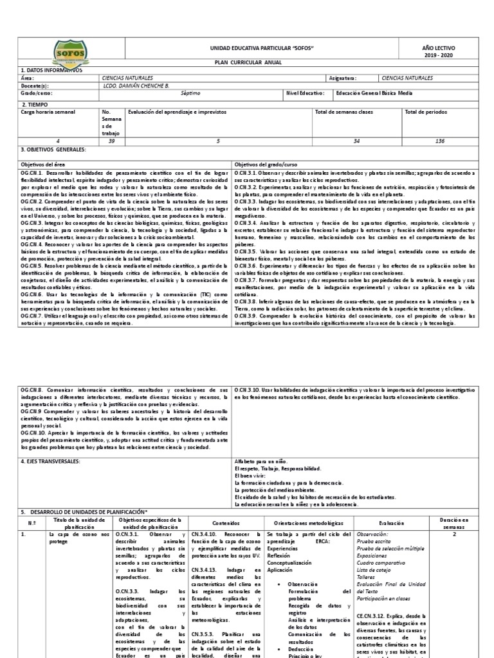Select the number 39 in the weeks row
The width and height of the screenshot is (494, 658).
click(x=112, y=141)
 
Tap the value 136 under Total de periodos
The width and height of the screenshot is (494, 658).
click(x=439, y=141)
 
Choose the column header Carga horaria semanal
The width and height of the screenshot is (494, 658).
click(x=49, y=112)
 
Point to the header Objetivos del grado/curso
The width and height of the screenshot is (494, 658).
click(x=263, y=165)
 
